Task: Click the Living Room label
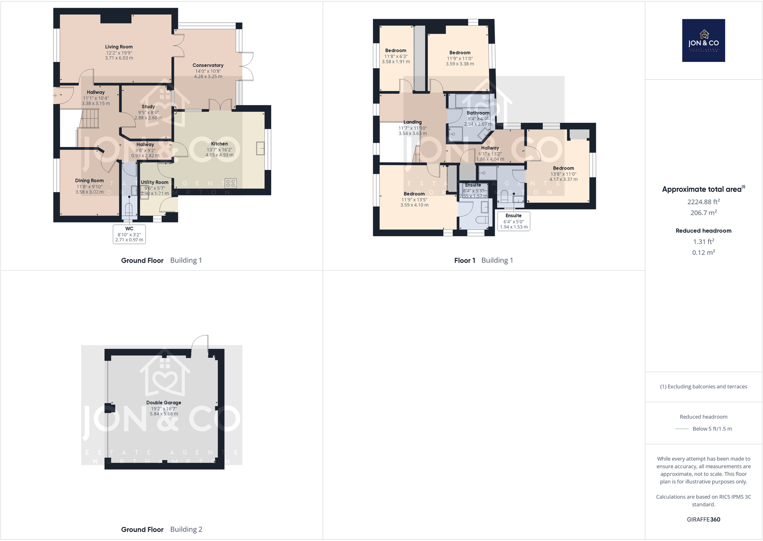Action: coord(119,47)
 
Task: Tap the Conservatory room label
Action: coord(208,65)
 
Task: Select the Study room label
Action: coord(148,107)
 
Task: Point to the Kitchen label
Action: coord(219,144)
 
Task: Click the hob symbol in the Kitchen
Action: coord(230,183)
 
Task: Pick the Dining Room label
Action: coord(89,181)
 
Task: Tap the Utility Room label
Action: coord(155,182)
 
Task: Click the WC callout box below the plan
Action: coord(129,234)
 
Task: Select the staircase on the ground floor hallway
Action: coord(89,119)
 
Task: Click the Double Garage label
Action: coord(164,403)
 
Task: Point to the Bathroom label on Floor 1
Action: coord(478,113)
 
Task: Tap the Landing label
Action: coord(412,122)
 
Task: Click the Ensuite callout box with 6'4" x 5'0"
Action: coord(513,221)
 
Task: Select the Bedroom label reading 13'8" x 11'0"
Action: coord(563,168)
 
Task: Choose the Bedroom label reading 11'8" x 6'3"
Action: coord(395,50)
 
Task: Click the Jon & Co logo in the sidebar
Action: coord(703,41)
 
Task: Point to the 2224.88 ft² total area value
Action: coord(703,202)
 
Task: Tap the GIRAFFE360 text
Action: coord(703,519)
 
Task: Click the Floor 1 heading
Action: coord(465,261)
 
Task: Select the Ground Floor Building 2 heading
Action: coord(161,529)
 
